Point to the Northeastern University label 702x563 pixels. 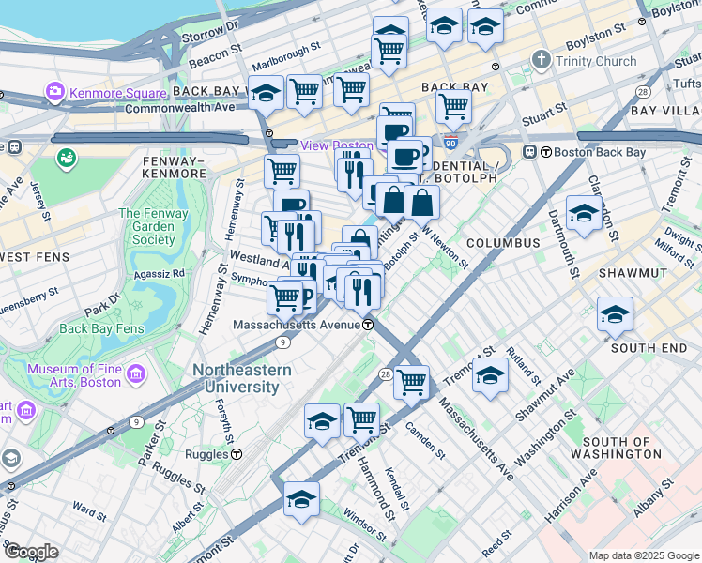(242, 377)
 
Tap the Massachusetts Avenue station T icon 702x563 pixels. (369, 325)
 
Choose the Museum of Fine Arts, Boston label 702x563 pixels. (86, 375)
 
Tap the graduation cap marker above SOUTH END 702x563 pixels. (615, 313)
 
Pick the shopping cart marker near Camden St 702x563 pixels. (411, 381)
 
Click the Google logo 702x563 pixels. (30, 552)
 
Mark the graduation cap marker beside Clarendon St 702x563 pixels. (584, 212)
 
